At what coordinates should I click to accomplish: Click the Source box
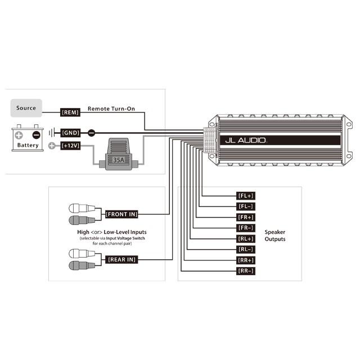tap(26, 108)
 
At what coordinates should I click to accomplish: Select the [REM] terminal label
tap(70, 112)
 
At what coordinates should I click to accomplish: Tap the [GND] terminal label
tap(70, 133)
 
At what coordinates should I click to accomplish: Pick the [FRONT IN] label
tap(121, 214)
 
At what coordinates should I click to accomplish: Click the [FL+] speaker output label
tap(246, 196)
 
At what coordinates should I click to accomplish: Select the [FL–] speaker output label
tap(246, 206)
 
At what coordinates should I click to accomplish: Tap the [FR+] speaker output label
tap(246, 217)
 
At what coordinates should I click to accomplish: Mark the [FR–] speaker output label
tap(246, 228)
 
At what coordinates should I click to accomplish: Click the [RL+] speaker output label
tap(246, 238)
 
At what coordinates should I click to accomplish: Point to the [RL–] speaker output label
tap(246, 249)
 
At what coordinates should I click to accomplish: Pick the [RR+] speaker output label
tap(246, 260)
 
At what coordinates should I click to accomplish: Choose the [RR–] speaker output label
tap(246, 271)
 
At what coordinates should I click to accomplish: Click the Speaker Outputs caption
tap(275, 235)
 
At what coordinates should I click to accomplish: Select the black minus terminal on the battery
tap(36, 135)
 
